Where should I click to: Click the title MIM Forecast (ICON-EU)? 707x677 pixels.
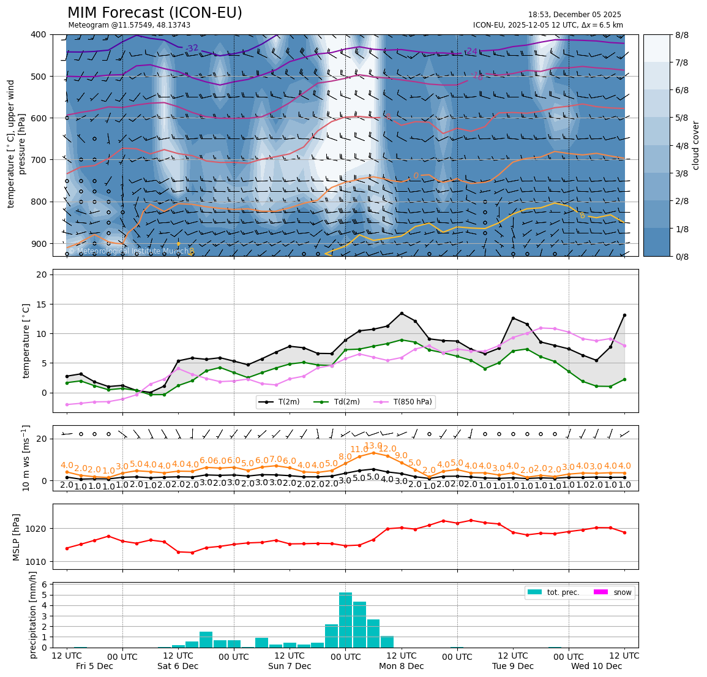154,13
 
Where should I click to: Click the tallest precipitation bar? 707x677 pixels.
345,619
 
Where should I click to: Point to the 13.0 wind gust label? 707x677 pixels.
373,446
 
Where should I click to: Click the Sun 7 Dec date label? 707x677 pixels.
290,666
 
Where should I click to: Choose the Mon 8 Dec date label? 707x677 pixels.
401,666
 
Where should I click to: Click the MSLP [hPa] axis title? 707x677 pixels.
17,537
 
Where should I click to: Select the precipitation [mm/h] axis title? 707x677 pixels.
33,615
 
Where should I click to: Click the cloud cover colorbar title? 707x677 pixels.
695,145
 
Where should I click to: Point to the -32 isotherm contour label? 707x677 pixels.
192,48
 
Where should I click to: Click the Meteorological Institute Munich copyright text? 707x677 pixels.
129,251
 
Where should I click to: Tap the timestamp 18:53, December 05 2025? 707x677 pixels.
574,15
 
